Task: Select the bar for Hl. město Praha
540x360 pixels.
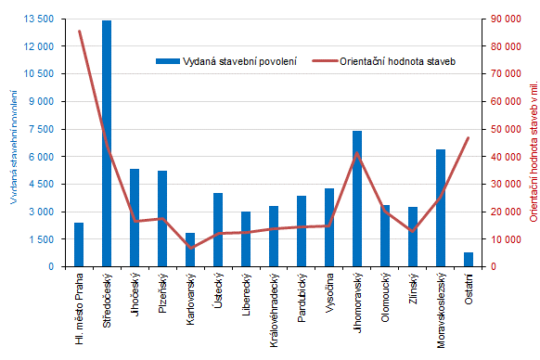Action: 79,245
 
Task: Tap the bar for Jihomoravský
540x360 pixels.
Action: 357,199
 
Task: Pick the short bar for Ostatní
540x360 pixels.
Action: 469,260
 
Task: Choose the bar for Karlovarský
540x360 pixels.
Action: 190,251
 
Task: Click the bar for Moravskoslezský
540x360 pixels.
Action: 441,208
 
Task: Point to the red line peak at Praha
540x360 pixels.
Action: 79,32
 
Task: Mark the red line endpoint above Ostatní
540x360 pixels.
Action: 469,137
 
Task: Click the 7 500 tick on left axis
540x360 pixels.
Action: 41,129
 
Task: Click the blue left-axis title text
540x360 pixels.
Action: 14,144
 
